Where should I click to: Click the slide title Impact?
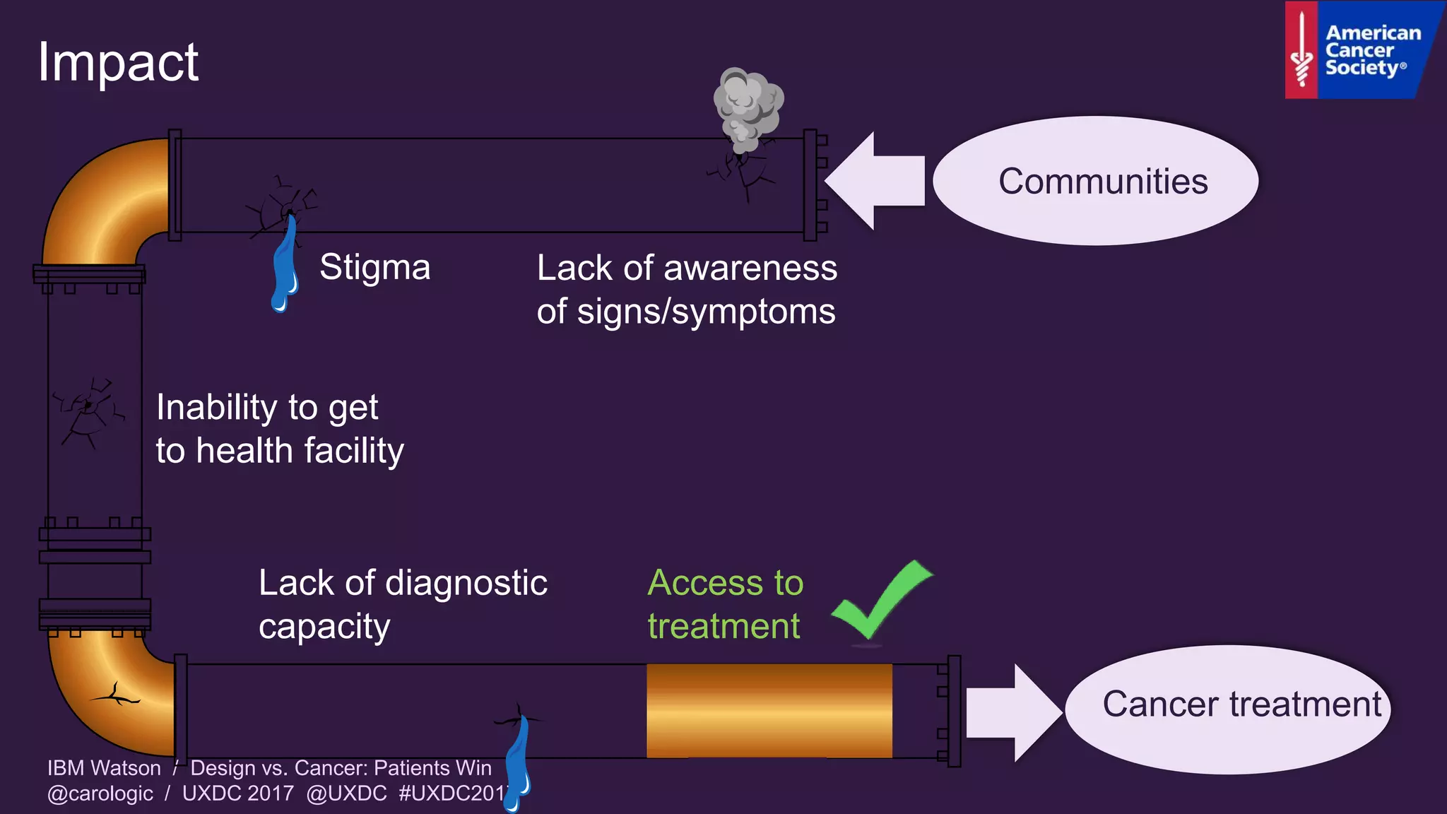(x=118, y=62)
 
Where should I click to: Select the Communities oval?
(x=1095, y=181)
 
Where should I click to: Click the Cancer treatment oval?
(x=1228, y=709)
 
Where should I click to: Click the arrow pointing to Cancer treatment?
(x=1012, y=712)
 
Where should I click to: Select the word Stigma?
(x=374, y=268)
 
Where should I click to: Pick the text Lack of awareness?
(x=687, y=269)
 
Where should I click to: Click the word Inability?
(x=216, y=408)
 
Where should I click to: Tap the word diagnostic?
(x=466, y=584)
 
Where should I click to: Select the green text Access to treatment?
(x=725, y=604)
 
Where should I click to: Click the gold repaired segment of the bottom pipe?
(x=769, y=711)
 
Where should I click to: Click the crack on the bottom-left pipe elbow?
(x=117, y=696)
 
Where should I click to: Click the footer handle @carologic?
(x=100, y=794)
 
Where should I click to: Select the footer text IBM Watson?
(x=104, y=768)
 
